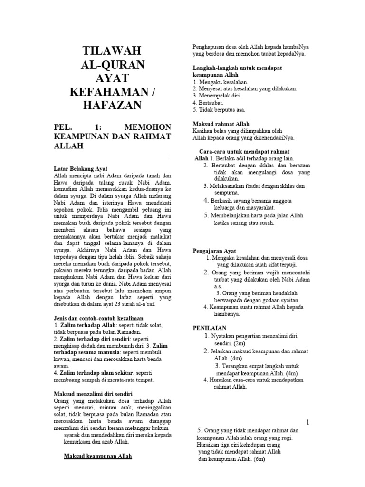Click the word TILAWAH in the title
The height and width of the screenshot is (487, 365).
tap(112, 51)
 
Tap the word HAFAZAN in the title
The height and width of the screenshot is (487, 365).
tap(112, 105)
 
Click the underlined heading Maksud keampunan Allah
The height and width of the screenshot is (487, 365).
tap(98, 456)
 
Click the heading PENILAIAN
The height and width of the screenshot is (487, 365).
tap(210, 328)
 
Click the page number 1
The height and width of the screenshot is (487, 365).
tap(307, 422)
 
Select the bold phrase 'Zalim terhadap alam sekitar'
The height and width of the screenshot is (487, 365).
tap(92, 372)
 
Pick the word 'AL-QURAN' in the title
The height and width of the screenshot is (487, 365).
tap(112, 65)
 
